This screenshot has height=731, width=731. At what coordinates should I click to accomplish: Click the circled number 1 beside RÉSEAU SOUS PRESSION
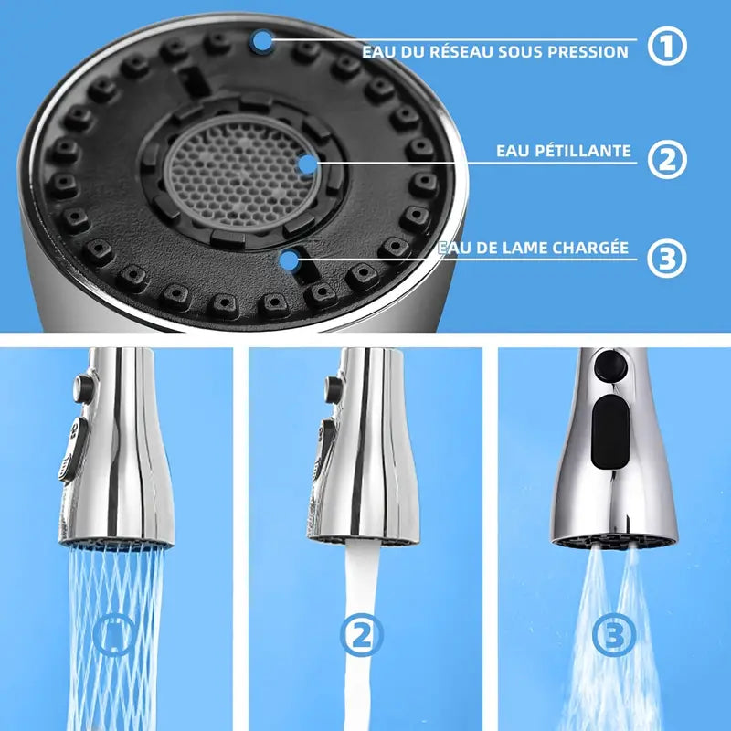[667, 47]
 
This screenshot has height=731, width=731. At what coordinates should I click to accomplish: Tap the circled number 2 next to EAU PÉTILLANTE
[667, 158]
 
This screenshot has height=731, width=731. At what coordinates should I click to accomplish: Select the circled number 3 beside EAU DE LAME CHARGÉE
[667, 258]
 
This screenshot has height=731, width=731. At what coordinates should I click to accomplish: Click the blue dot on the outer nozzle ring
[262, 39]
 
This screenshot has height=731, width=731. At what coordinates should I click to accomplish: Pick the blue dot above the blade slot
[290, 260]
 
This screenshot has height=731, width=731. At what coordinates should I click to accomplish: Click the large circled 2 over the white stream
[361, 635]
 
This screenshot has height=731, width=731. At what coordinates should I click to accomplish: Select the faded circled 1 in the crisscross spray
[116, 635]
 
